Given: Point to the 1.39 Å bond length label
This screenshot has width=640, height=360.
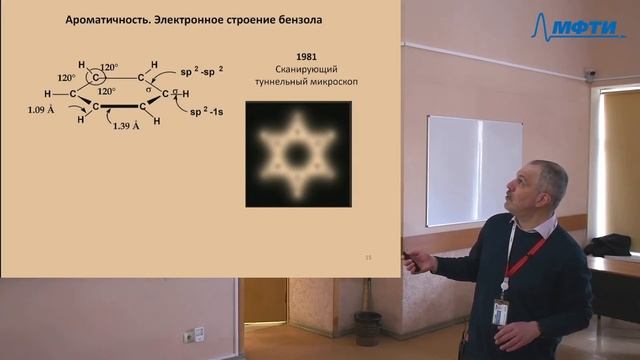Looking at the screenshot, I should [130, 126].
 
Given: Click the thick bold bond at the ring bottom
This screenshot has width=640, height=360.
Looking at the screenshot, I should [122, 104].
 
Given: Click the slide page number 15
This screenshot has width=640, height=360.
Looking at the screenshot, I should [369, 258].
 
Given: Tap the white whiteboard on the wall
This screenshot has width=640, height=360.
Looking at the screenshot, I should [474, 170].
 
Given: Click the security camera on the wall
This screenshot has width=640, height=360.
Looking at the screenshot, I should [591, 75].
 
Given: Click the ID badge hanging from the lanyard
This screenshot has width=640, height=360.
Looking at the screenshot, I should [500, 311].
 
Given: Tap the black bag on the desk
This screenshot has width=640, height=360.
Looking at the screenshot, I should [609, 245].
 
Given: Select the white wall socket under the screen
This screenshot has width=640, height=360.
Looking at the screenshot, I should [199, 334].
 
